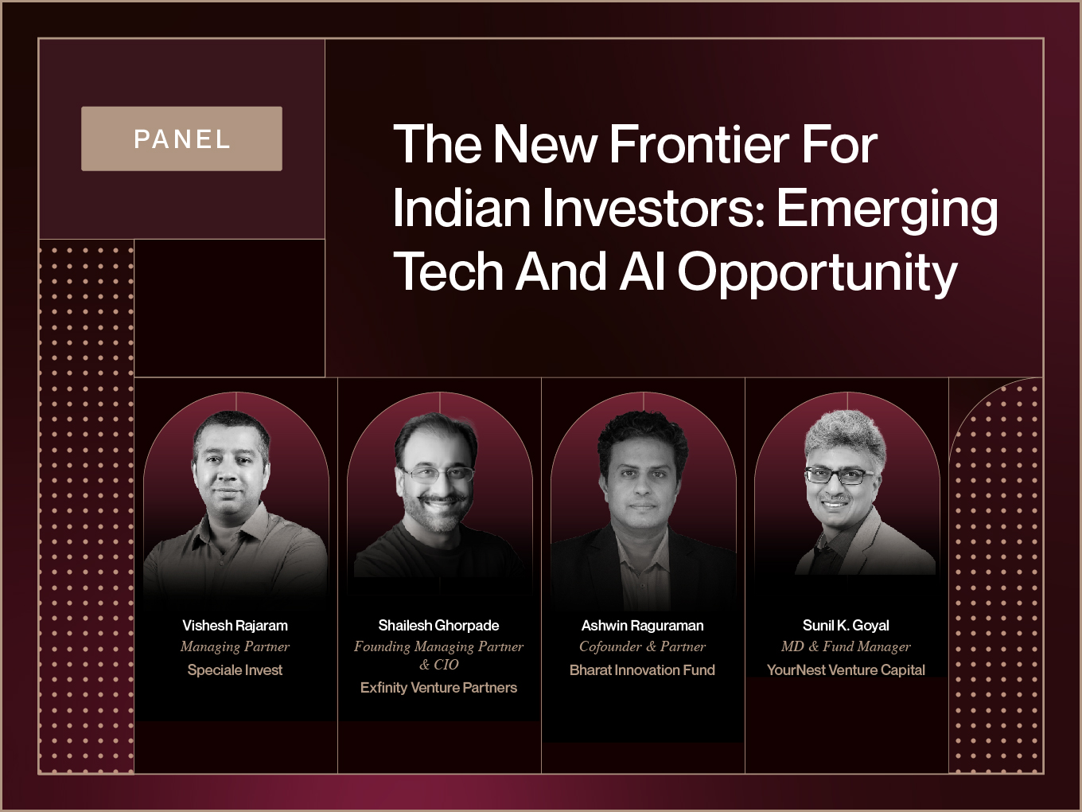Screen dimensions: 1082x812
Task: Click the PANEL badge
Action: pyautogui.click(x=181, y=139)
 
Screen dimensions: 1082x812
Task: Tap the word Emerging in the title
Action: pyautogui.click(x=888, y=210)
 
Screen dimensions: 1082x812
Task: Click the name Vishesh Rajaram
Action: pyautogui.click(x=235, y=626)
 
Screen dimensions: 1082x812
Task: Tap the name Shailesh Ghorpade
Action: pyautogui.click(x=438, y=626)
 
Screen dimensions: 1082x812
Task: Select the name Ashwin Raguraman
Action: pyautogui.click(x=642, y=626)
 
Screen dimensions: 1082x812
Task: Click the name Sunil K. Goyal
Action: pyautogui.click(x=846, y=626)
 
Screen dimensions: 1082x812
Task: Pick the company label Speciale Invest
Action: pyautogui.click(x=235, y=670)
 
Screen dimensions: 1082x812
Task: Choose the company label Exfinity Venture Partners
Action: pyautogui.click(x=438, y=688)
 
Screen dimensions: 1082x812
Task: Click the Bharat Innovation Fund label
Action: pyautogui.click(x=642, y=670)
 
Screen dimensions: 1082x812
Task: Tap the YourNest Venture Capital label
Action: pyautogui.click(x=846, y=670)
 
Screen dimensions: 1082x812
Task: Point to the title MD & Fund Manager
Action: pyautogui.click(x=846, y=647)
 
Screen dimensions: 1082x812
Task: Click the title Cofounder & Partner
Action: pyautogui.click(x=642, y=646)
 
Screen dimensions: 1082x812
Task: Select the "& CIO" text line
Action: pyautogui.click(x=438, y=665)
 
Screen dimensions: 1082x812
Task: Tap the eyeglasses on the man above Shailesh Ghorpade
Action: pyautogui.click(x=438, y=474)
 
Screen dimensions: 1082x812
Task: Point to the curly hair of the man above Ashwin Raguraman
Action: pyautogui.click(x=642, y=436)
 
